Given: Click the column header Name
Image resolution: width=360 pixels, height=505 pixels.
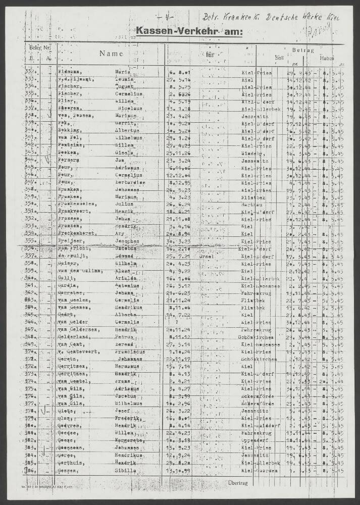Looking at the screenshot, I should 111,53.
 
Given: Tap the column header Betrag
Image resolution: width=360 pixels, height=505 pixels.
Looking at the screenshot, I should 303,50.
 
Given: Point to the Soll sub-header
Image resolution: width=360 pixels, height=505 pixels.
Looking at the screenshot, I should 279,58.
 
